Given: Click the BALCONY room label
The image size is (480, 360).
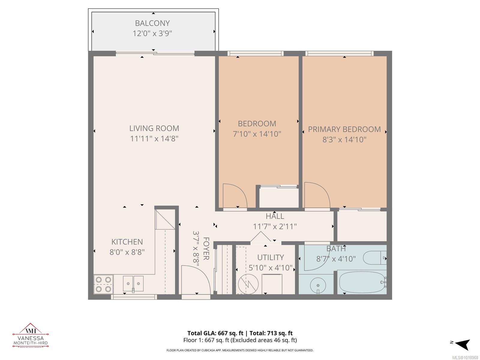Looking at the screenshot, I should pyautogui.click(x=152, y=23).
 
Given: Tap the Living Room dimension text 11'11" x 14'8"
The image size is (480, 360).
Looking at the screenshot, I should pyautogui.click(x=154, y=139).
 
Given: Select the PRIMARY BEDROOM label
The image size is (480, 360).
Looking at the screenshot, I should pyautogui.click(x=344, y=129).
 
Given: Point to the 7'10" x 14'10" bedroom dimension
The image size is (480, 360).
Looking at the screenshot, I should pyautogui.click(x=257, y=134).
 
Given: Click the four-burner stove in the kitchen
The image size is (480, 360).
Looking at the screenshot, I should pyautogui.click(x=103, y=284).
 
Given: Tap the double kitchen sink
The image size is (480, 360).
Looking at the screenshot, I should pyautogui.click(x=133, y=283).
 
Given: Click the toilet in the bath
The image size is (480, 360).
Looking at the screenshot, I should pyautogui.click(x=374, y=258).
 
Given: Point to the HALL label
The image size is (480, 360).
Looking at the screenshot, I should pyautogui.click(x=274, y=216).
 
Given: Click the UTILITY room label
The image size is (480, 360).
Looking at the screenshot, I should pyautogui.click(x=270, y=257).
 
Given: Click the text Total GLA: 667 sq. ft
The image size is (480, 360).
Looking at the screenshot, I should pyautogui.click(x=214, y=333).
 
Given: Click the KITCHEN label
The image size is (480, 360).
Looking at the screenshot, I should pyautogui.click(x=127, y=242).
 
